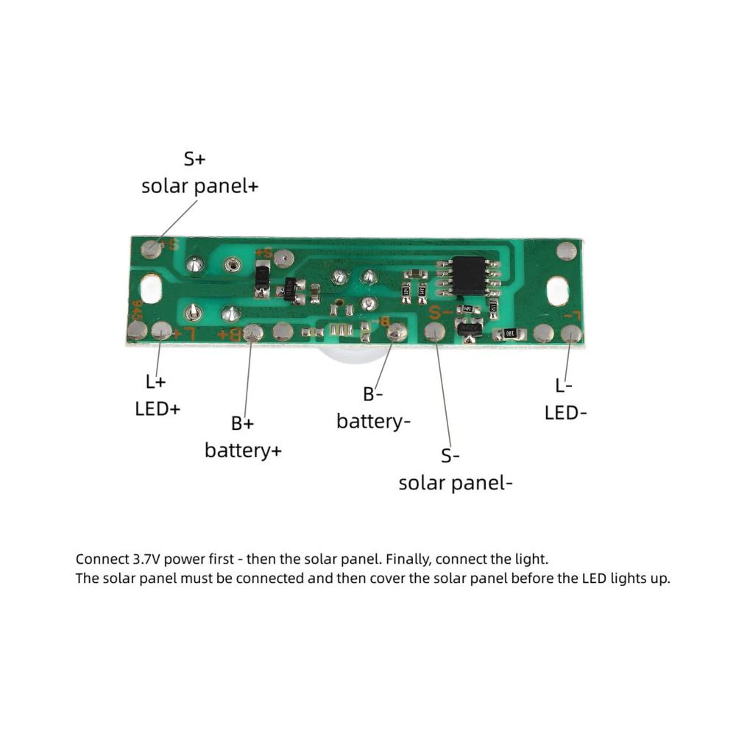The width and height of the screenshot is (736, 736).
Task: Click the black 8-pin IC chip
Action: point(468,276)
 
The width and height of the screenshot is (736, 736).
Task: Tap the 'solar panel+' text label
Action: point(200,186)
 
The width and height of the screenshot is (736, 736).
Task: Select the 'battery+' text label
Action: point(243,451)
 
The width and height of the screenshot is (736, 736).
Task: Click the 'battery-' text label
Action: point(374,421)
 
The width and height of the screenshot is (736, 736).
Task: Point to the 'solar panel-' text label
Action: point(456,484)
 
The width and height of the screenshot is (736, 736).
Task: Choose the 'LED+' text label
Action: point(158,409)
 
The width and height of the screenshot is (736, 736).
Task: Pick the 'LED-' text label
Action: point(565,414)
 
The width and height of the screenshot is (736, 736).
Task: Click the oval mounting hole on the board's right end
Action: point(558,291)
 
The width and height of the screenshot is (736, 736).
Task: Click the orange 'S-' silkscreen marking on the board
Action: point(440,311)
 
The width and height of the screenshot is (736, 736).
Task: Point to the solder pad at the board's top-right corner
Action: point(567,252)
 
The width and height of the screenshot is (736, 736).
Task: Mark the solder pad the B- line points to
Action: point(397,333)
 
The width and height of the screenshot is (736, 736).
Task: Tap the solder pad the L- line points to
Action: point(572,333)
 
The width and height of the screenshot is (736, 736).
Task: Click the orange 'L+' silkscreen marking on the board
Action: point(185,333)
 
